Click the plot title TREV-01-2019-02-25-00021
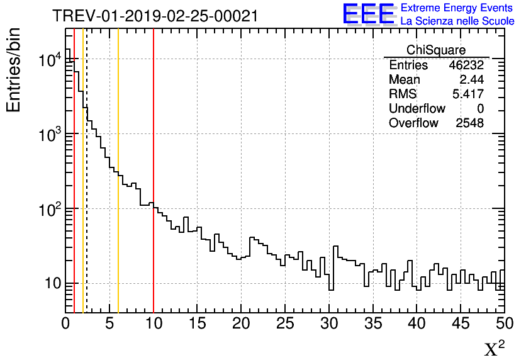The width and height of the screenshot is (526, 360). point(155,16)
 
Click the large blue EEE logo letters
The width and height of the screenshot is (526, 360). point(368,14)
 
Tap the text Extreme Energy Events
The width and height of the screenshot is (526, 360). point(457,8)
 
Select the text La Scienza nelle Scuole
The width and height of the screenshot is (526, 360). point(457,21)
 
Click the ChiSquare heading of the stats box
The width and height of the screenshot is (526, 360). point(436,50)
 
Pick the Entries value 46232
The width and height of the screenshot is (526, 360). point(466,65)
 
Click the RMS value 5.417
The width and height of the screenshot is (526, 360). point(468,94)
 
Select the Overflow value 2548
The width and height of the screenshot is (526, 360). point(469,123)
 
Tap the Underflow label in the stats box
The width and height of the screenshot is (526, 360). point(417,109)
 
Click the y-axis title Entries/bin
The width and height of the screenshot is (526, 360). point(14,69)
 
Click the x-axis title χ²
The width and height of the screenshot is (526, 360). point(494,348)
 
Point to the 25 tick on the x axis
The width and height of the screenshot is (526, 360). point(285,323)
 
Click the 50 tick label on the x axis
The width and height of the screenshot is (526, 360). point(504,323)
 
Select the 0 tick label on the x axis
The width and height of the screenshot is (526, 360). point(65,323)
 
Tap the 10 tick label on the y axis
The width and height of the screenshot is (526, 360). point(47,283)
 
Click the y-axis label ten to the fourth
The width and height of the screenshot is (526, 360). point(49,60)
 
